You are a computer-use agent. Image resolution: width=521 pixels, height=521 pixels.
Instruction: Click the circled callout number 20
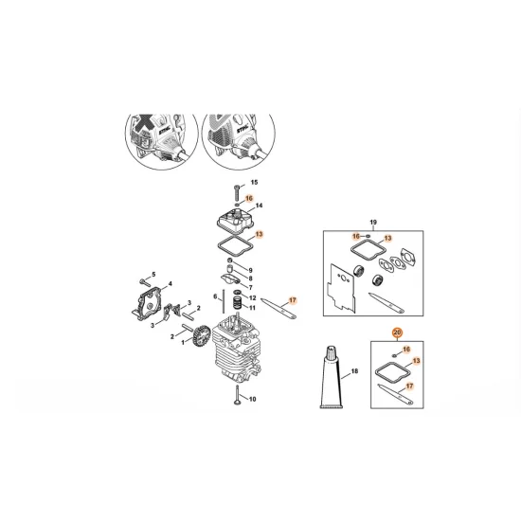398,332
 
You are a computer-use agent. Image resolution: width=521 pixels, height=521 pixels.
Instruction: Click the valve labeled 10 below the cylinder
237,395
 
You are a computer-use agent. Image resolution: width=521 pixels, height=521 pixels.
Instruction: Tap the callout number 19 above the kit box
373,222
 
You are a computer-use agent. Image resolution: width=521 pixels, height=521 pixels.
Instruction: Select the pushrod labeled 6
224,301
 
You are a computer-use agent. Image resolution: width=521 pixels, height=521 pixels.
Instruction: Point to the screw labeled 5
145,281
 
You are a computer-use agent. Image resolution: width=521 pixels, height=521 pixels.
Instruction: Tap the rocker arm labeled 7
229,279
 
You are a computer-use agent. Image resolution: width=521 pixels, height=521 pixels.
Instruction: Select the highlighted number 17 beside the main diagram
293,300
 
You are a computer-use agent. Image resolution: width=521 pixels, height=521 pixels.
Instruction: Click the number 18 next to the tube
354,370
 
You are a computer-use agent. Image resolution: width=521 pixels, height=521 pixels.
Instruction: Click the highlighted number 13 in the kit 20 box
416,361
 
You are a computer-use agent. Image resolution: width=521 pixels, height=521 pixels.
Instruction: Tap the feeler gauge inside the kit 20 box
395,394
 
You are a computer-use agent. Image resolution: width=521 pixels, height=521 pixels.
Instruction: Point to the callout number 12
253,297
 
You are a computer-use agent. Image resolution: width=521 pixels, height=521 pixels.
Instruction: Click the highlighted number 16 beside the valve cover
249,198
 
